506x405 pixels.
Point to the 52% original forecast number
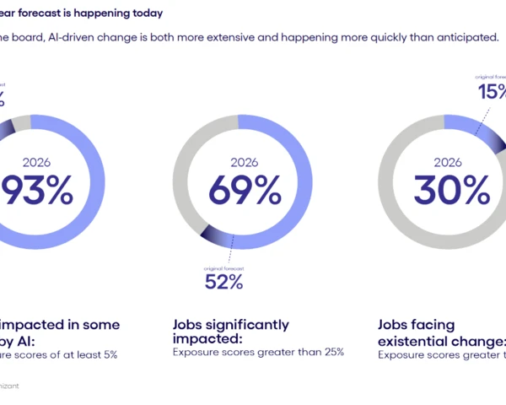tap(223, 282)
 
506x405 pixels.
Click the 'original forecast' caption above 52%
tap(223, 267)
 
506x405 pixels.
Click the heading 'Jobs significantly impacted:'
tap(230, 331)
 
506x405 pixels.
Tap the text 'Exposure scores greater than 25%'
tap(258, 352)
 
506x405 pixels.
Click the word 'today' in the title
tap(140, 14)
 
